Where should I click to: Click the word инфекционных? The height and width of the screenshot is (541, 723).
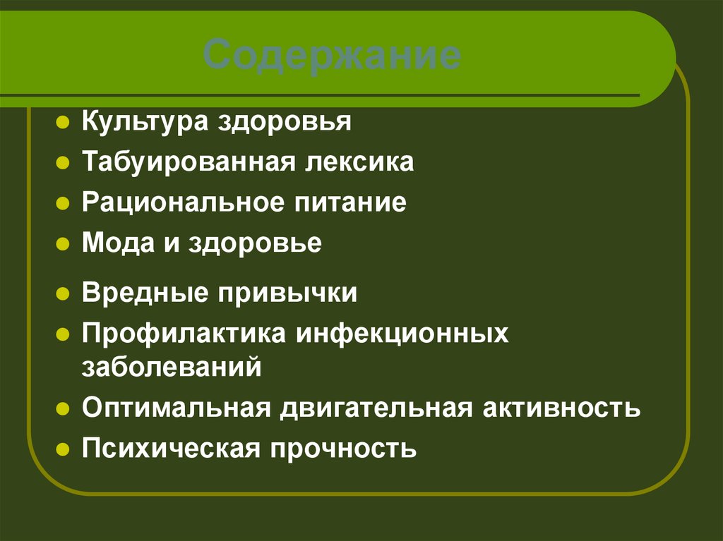point(402,334)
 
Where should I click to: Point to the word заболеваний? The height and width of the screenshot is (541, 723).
point(172,367)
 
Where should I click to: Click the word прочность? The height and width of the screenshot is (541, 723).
point(343,448)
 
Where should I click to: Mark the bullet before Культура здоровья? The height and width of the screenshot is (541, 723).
point(62,123)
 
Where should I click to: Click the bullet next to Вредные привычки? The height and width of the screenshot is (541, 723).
point(62,293)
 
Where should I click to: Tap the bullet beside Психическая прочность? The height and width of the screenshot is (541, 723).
point(62,449)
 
